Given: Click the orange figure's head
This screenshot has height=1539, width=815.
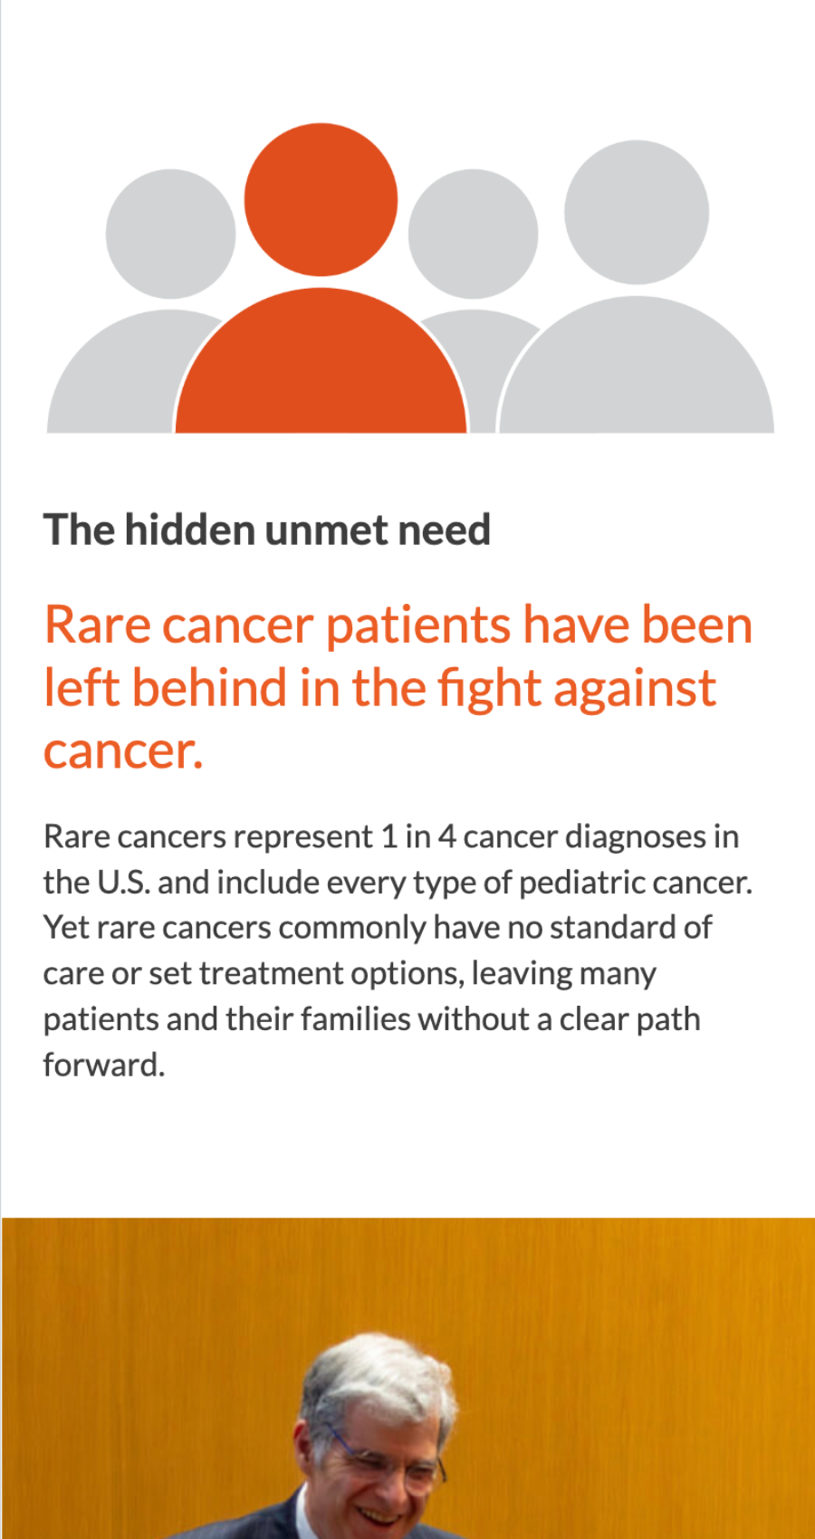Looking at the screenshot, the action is pyautogui.click(x=321, y=199).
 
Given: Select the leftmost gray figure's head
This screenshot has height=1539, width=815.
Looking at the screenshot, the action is pyautogui.click(x=170, y=234).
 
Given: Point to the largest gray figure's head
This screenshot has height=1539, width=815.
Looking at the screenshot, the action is pyautogui.click(x=637, y=213).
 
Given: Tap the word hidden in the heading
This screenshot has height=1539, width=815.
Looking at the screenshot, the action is pyautogui.click(x=189, y=530).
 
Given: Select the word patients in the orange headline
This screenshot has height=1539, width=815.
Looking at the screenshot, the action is pyautogui.click(x=418, y=626).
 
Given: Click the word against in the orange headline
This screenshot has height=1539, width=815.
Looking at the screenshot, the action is pyautogui.click(x=635, y=688).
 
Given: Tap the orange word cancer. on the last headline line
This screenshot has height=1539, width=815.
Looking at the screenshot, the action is pyautogui.click(x=124, y=750).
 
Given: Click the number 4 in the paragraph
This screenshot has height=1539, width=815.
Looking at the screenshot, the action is pyautogui.click(x=446, y=836).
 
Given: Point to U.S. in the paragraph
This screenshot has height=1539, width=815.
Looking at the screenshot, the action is pyautogui.click(x=124, y=883).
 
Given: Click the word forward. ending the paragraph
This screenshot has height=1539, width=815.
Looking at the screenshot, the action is pyautogui.click(x=104, y=1065).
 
